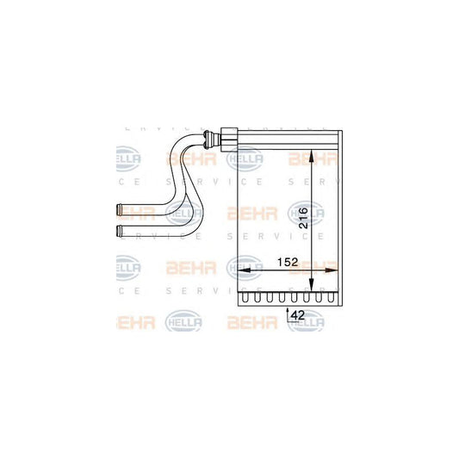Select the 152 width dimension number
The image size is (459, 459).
click(287, 263)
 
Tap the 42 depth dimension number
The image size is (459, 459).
click(297, 316)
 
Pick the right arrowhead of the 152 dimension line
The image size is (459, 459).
click(337, 270)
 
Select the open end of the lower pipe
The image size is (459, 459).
click(118, 229)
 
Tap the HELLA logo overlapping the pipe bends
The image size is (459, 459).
click(183, 213)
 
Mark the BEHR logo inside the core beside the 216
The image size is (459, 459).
click(250, 213)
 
